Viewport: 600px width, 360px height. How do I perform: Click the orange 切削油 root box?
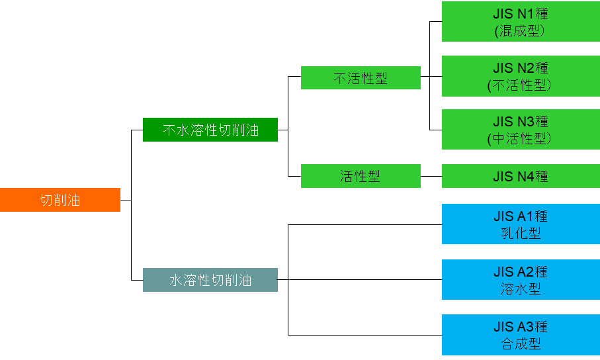click(60, 200)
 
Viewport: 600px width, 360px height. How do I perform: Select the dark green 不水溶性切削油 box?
click(210, 130)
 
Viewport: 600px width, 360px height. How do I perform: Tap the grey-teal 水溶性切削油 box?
click(210, 280)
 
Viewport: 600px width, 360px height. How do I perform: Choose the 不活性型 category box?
click(361, 78)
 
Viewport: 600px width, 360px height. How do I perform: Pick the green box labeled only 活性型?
click(361, 176)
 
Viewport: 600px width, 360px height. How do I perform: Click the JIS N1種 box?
click(521, 22)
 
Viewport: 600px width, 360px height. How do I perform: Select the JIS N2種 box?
click(521, 76)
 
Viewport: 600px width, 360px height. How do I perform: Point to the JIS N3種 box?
click(521, 130)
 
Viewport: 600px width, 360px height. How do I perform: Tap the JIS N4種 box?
click(521, 176)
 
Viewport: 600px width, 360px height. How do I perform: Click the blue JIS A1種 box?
click(521, 224)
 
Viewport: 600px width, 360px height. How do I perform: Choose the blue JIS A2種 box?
click(521, 280)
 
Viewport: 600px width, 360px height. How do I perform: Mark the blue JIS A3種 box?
click(521, 335)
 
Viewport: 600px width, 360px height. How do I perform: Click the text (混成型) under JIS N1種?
click(520, 30)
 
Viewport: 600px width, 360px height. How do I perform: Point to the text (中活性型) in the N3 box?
click(520, 139)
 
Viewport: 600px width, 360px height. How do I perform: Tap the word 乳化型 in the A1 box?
click(521, 234)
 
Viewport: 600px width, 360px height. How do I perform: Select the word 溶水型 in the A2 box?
click(521, 289)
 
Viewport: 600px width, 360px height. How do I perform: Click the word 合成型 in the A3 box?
click(521, 344)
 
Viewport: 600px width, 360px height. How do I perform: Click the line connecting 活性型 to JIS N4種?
click(431, 176)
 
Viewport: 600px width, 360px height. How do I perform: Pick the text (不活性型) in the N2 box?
click(520, 85)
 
